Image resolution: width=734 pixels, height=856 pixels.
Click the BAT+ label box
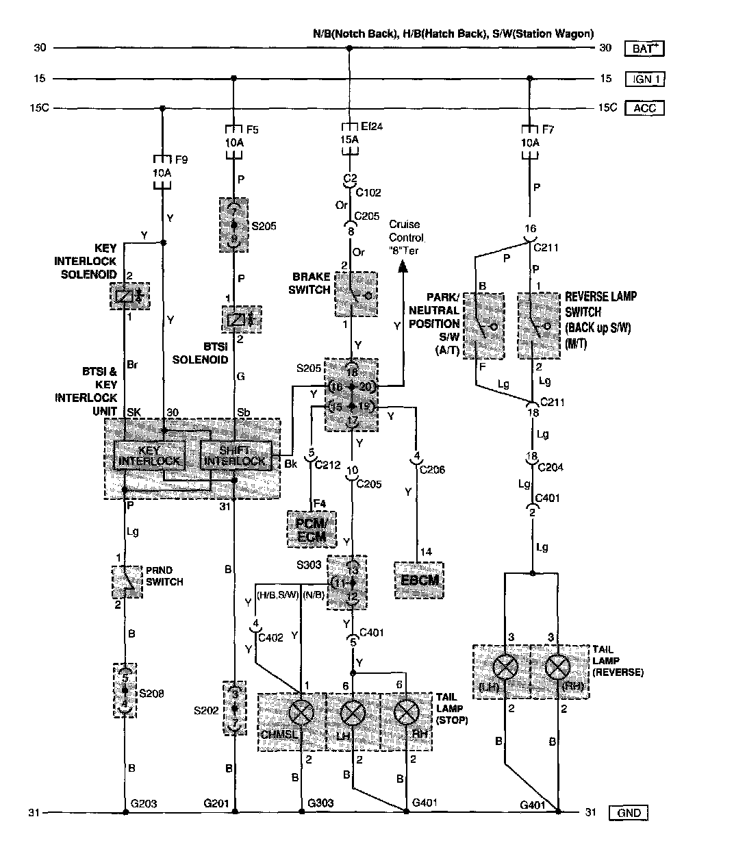[x=645, y=49]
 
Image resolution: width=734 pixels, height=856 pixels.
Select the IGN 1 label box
[x=645, y=79]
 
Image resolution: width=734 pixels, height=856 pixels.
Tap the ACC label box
[x=645, y=108]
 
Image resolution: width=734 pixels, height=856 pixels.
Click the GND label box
[x=629, y=813]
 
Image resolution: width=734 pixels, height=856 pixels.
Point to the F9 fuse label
[x=181, y=160]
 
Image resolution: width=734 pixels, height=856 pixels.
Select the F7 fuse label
[x=548, y=128]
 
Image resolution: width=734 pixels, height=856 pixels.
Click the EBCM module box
[x=419, y=580]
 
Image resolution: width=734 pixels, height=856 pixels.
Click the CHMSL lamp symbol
[x=301, y=714]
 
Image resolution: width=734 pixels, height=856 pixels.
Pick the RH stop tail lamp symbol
[x=407, y=714]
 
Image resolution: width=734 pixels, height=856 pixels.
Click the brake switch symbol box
[x=355, y=294]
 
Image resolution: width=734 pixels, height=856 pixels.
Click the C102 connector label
[x=370, y=192]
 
